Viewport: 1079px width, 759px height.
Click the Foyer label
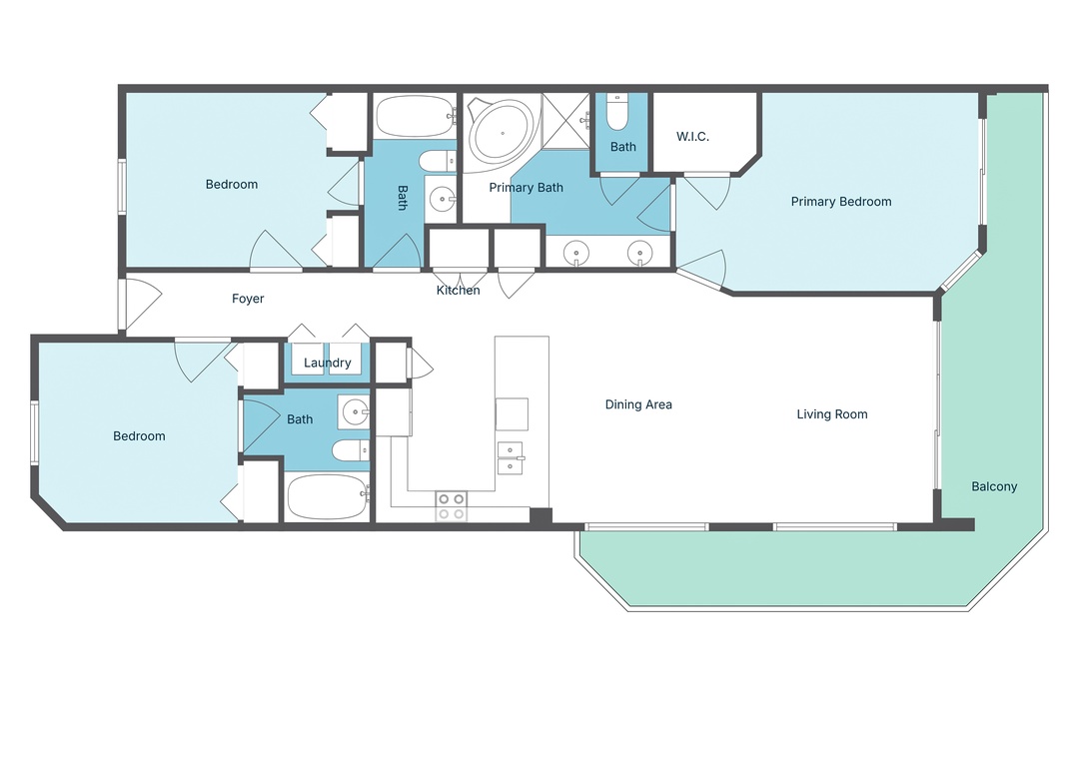tap(248, 299)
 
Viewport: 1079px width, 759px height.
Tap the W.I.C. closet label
tap(692, 137)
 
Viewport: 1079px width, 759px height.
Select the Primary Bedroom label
tap(840, 202)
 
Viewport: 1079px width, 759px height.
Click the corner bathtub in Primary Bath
tap(501, 131)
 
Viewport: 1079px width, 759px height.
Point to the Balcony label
tap(994, 487)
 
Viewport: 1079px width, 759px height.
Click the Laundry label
tap(328, 363)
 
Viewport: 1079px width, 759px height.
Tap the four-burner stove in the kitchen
tap(452, 506)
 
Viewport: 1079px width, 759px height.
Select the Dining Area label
tap(638, 404)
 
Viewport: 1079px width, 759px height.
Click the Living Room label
tap(831, 414)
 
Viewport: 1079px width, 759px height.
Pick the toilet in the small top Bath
tap(616, 115)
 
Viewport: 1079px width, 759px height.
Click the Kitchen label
tap(458, 291)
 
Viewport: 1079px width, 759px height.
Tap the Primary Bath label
tap(526, 188)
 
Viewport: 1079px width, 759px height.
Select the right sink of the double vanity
tap(639, 254)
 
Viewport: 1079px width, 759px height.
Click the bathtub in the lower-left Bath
tap(328, 496)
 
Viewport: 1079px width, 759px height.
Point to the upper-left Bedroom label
tap(232, 185)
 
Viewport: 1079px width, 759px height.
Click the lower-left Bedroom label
tap(139, 436)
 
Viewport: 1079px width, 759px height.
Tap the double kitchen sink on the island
tap(512, 456)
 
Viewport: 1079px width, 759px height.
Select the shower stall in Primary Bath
tap(567, 120)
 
